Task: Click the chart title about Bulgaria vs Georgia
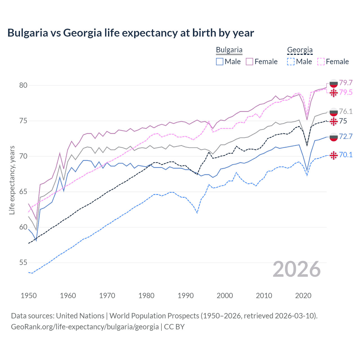[130, 33]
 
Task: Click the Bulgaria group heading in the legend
[229, 50]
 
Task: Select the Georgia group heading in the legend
[300, 50]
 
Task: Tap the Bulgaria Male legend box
[220, 62]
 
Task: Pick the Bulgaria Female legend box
[249, 62]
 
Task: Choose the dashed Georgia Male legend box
[291, 62]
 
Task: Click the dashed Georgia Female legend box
[321, 62]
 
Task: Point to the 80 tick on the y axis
[23, 85]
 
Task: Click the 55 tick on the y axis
[23, 263]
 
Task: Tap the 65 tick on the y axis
[23, 192]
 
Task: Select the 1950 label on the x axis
[29, 296]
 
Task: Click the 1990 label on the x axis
[186, 296]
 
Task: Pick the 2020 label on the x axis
[303, 296]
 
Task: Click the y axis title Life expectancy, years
[12, 180]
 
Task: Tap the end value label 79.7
[346, 83]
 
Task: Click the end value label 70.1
[346, 155]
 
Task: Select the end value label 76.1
[346, 111]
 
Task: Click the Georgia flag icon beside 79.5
[334, 93]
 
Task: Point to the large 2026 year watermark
[297, 269]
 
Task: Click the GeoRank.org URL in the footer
[85, 327]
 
